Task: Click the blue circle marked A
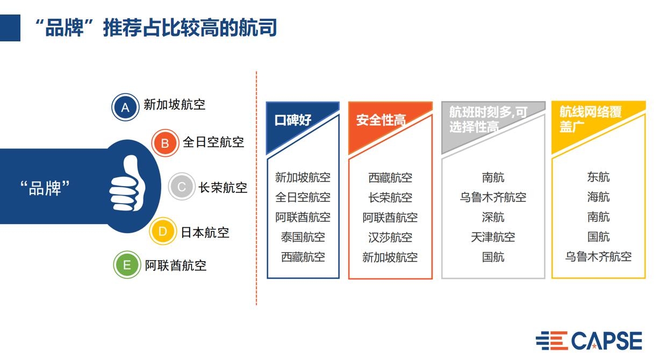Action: click(x=125, y=107)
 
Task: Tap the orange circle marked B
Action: click(x=165, y=143)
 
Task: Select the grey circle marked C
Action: click(x=182, y=187)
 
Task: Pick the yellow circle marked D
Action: click(x=163, y=232)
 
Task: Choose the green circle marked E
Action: click(x=127, y=265)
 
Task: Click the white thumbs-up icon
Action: click(x=128, y=184)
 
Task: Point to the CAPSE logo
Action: click(x=588, y=341)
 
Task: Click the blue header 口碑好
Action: click(x=293, y=120)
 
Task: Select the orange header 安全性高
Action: click(x=380, y=120)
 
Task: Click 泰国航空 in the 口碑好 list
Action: click(x=303, y=237)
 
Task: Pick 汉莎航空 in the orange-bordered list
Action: click(x=390, y=237)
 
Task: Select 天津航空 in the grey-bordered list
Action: click(x=493, y=237)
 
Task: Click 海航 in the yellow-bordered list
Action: click(x=598, y=197)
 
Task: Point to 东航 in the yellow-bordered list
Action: click(x=598, y=177)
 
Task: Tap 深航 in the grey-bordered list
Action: click(x=493, y=217)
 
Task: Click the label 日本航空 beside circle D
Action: click(x=205, y=232)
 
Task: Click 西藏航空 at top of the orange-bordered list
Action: click(x=390, y=177)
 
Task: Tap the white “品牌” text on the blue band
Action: click(x=45, y=188)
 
